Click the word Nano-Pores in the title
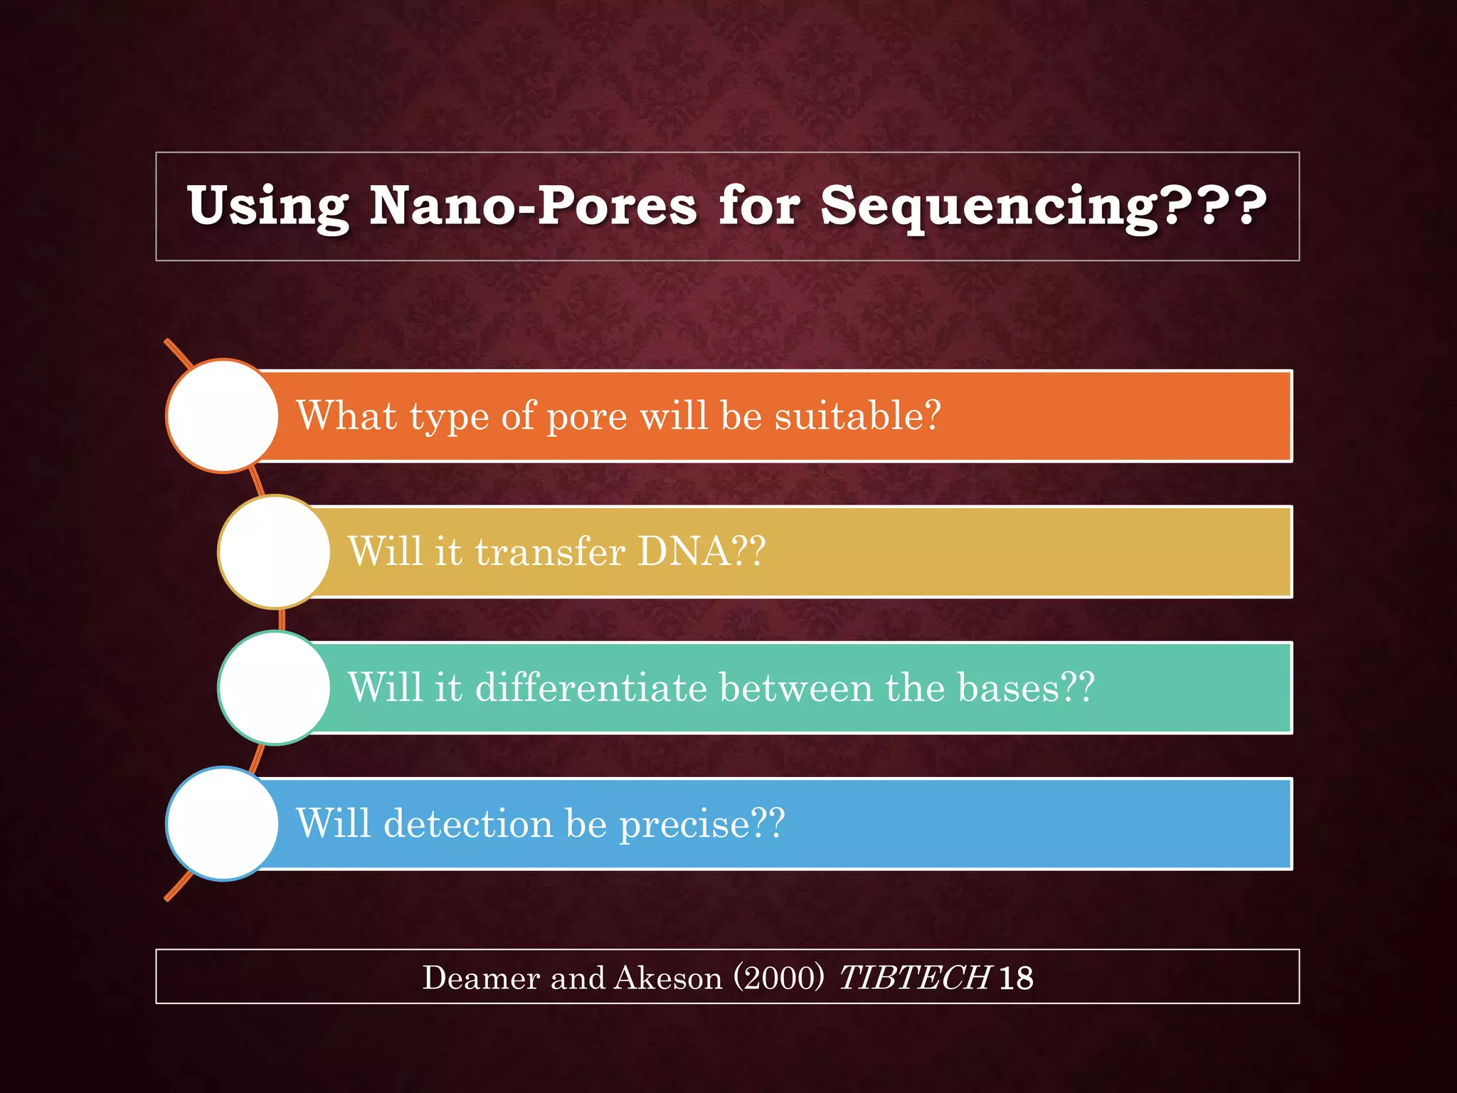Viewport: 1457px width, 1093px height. tap(533, 206)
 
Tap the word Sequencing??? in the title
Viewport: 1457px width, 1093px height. tap(1043, 206)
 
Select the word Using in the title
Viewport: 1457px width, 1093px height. tap(268, 206)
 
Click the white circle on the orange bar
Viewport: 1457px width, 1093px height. tap(223, 416)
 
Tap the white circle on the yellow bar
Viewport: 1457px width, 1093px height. tap(275, 551)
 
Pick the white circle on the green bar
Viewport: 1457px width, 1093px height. tap(275, 687)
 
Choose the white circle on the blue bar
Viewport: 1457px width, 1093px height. tap(223, 823)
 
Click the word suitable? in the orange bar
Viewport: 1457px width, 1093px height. tap(857, 416)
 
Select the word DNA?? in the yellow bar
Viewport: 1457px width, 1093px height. tap(701, 551)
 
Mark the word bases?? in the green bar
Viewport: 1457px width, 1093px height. tap(1025, 687)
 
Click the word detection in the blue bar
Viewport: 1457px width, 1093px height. tap(467, 824)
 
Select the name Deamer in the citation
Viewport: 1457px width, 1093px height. tap(481, 978)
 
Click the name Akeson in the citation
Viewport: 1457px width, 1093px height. tap(667, 978)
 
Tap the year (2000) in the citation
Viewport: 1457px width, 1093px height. tap(778, 978)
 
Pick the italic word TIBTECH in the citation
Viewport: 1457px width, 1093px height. tap(913, 978)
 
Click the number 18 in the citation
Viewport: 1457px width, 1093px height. tap(1016, 978)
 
